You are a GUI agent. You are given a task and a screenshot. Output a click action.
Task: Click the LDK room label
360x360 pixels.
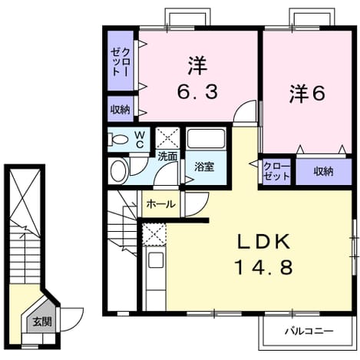[264, 242]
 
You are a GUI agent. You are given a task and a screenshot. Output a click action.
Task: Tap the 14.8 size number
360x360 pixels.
[264, 267]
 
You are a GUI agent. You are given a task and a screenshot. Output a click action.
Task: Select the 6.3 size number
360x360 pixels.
[198, 92]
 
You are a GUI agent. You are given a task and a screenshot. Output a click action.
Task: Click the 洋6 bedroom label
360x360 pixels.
[307, 93]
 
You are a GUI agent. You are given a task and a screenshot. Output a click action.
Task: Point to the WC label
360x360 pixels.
[140, 140]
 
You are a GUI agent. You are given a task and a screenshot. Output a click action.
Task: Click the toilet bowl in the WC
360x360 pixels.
[118, 140]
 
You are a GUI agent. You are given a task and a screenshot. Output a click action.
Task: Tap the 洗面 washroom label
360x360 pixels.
[167, 157]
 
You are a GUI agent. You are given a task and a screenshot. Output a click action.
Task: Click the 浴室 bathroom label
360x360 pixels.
[204, 167]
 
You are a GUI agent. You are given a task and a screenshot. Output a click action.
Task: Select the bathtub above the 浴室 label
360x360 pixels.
[206, 139]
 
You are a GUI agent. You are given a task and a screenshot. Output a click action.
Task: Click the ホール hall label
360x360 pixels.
[161, 204]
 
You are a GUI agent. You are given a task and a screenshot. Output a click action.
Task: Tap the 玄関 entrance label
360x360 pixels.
[42, 322]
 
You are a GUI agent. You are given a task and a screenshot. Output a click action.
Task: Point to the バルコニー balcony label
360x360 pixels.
[309, 332]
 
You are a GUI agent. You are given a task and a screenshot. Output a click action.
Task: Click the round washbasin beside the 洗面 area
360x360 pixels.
[119, 170]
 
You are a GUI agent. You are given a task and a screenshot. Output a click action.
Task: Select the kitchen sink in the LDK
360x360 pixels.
[156, 260]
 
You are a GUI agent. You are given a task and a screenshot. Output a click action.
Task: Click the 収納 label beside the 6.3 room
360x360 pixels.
[121, 110]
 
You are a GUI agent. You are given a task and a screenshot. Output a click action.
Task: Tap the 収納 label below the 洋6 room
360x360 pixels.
[323, 171]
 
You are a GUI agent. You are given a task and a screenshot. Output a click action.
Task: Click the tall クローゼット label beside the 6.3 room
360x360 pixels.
[121, 61]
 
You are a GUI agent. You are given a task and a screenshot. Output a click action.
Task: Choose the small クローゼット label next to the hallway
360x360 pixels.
[276, 171]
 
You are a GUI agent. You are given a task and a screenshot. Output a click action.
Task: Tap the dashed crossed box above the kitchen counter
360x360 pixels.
[154, 234]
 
